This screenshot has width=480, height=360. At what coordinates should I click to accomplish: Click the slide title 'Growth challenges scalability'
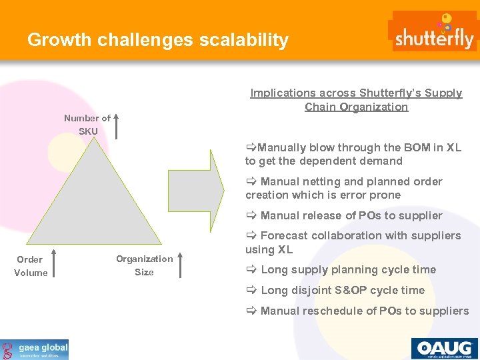pyautogui.click(x=158, y=40)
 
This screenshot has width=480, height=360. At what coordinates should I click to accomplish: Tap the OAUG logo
pyautogui.click(x=444, y=349)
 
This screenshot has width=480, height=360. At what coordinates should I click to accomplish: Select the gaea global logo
pyautogui.click(x=35, y=349)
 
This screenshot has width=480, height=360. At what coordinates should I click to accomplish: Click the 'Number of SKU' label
pyautogui.click(x=87, y=125)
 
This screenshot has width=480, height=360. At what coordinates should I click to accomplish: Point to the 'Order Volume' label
pyautogui.click(x=31, y=266)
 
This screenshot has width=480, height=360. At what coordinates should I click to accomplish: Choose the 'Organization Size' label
pyautogui.click(x=144, y=265)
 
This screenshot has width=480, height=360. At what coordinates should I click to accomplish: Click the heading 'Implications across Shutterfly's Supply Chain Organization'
pyautogui.click(x=356, y=100)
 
